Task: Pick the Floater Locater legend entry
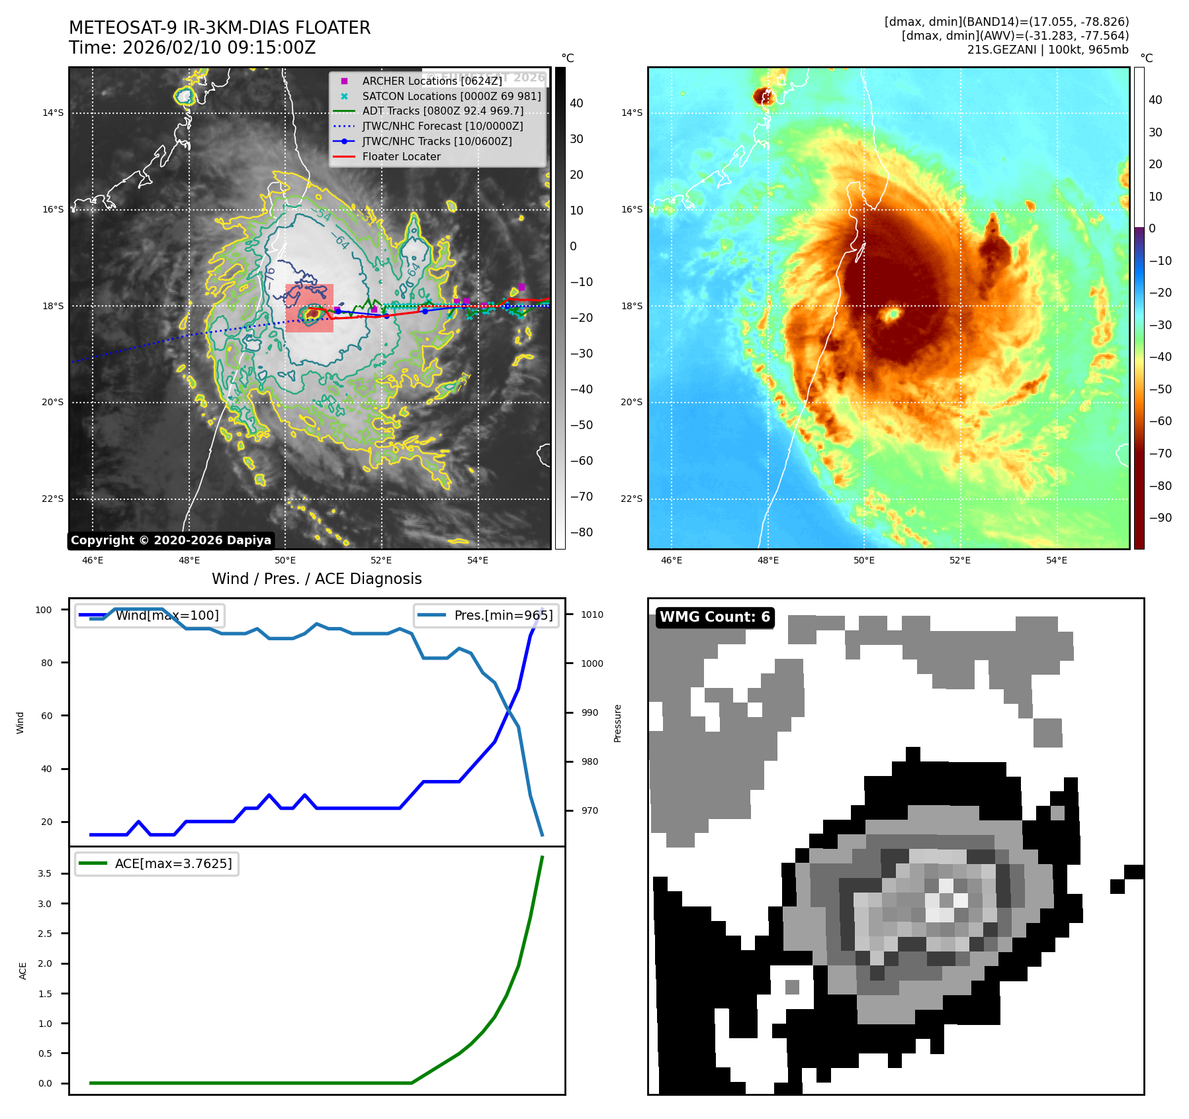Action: [x=401, y=156]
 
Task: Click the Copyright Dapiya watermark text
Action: [x=171, y=540]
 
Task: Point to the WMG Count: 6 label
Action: [x=715, y=617]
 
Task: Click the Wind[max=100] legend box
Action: [x=150, y=615]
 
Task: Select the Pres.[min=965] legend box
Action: [x=486, y=615]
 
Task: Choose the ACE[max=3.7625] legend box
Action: [x=157, y=863]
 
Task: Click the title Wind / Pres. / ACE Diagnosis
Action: [x=316, y=579]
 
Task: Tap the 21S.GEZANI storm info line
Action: [x=1047, y=50]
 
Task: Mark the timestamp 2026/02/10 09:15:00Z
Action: [x=219, y=48]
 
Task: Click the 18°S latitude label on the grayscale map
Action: [x=53, y=306]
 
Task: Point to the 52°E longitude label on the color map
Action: [x=960, y=560]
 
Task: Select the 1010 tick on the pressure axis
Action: [x=592, y=614]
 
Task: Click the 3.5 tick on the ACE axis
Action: [x=44, y=873]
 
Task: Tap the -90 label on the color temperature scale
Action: [x=1160, y=518]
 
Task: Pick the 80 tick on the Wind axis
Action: [x=46, y=663]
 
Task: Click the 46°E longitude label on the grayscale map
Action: [x=93, y=560]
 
